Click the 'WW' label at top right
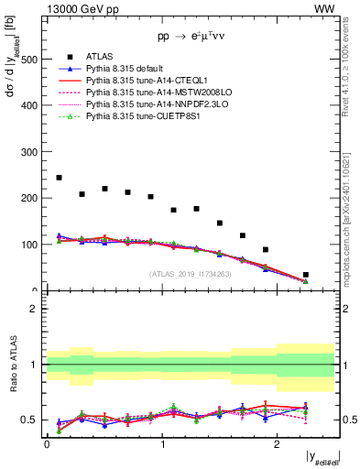324,8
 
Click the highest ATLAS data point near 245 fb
59,178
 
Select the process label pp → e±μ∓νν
191,37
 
